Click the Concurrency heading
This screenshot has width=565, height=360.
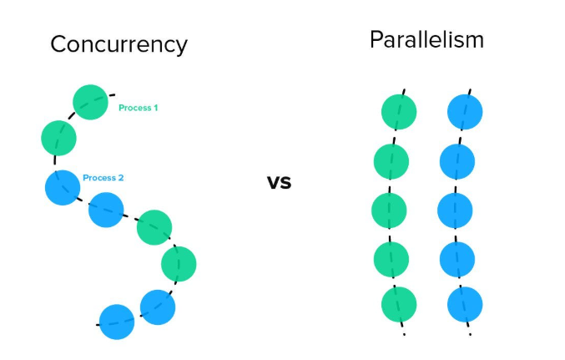(x=119, y=45)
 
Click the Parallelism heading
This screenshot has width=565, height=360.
(x=426, y=39)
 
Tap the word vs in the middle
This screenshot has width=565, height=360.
(x=280, y=182)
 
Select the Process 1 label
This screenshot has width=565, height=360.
(x=138, y=108)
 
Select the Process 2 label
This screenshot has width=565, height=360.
(x=103, y=178)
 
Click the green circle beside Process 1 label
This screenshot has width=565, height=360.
(x=90, y=102)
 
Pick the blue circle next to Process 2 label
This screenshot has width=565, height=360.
(x=63, y=188)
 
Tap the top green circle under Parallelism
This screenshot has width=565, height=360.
(x=399, y=112)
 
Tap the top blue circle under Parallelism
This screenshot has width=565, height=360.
(x=465, y=112)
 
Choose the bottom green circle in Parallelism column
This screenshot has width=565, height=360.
(x=399, y=305)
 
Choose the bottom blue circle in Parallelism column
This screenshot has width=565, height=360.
(x=465, y=305)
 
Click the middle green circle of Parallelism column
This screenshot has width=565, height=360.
(x=389, y=210)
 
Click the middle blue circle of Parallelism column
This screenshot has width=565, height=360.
(x=455, y=210)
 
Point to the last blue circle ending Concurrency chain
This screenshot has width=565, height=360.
(x=117, y=322)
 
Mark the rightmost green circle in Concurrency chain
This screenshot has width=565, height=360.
(x=179, y=264)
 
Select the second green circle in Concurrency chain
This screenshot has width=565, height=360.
(x=58, y=138)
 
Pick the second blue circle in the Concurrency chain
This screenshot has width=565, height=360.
(x=106, y=210)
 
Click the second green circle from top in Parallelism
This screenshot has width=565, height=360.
(x=391, y=161)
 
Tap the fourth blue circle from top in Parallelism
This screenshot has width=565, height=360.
(x=457, y=260)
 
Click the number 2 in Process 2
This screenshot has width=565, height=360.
(x=121, y=178)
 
